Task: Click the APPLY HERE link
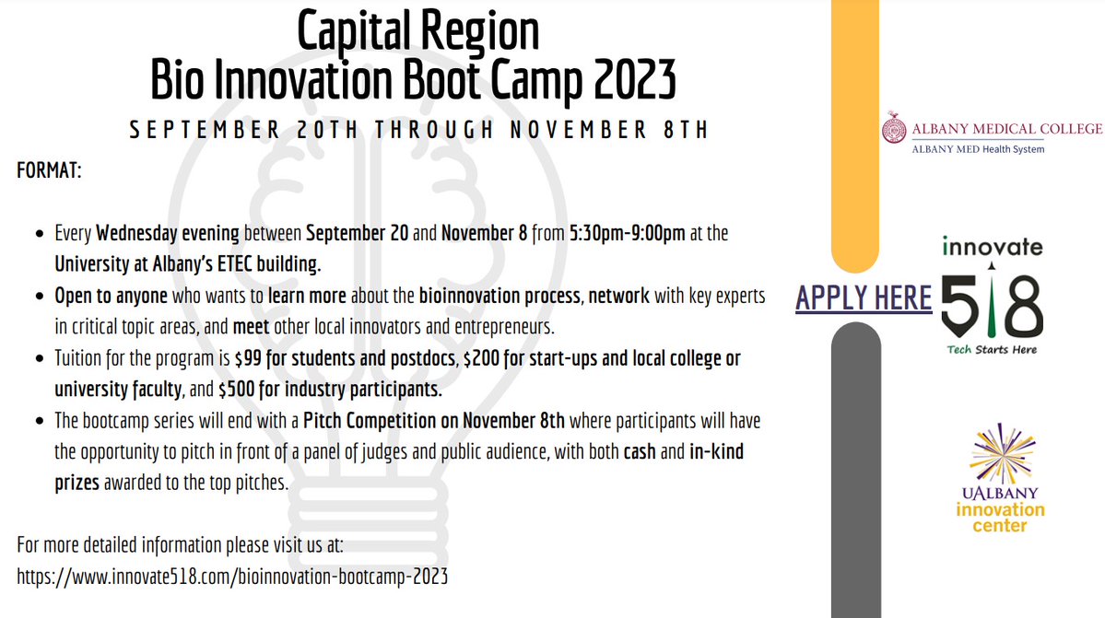click(x=864, y=297)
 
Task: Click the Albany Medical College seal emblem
click(x=892, y=129)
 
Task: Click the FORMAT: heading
click(x=49, y=172)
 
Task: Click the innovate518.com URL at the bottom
click(x=232, y=577)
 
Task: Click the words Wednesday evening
click(x=168, y=233)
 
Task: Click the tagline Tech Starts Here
click(x=992, y=349)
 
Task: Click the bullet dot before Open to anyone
click(x=39, y=297)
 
